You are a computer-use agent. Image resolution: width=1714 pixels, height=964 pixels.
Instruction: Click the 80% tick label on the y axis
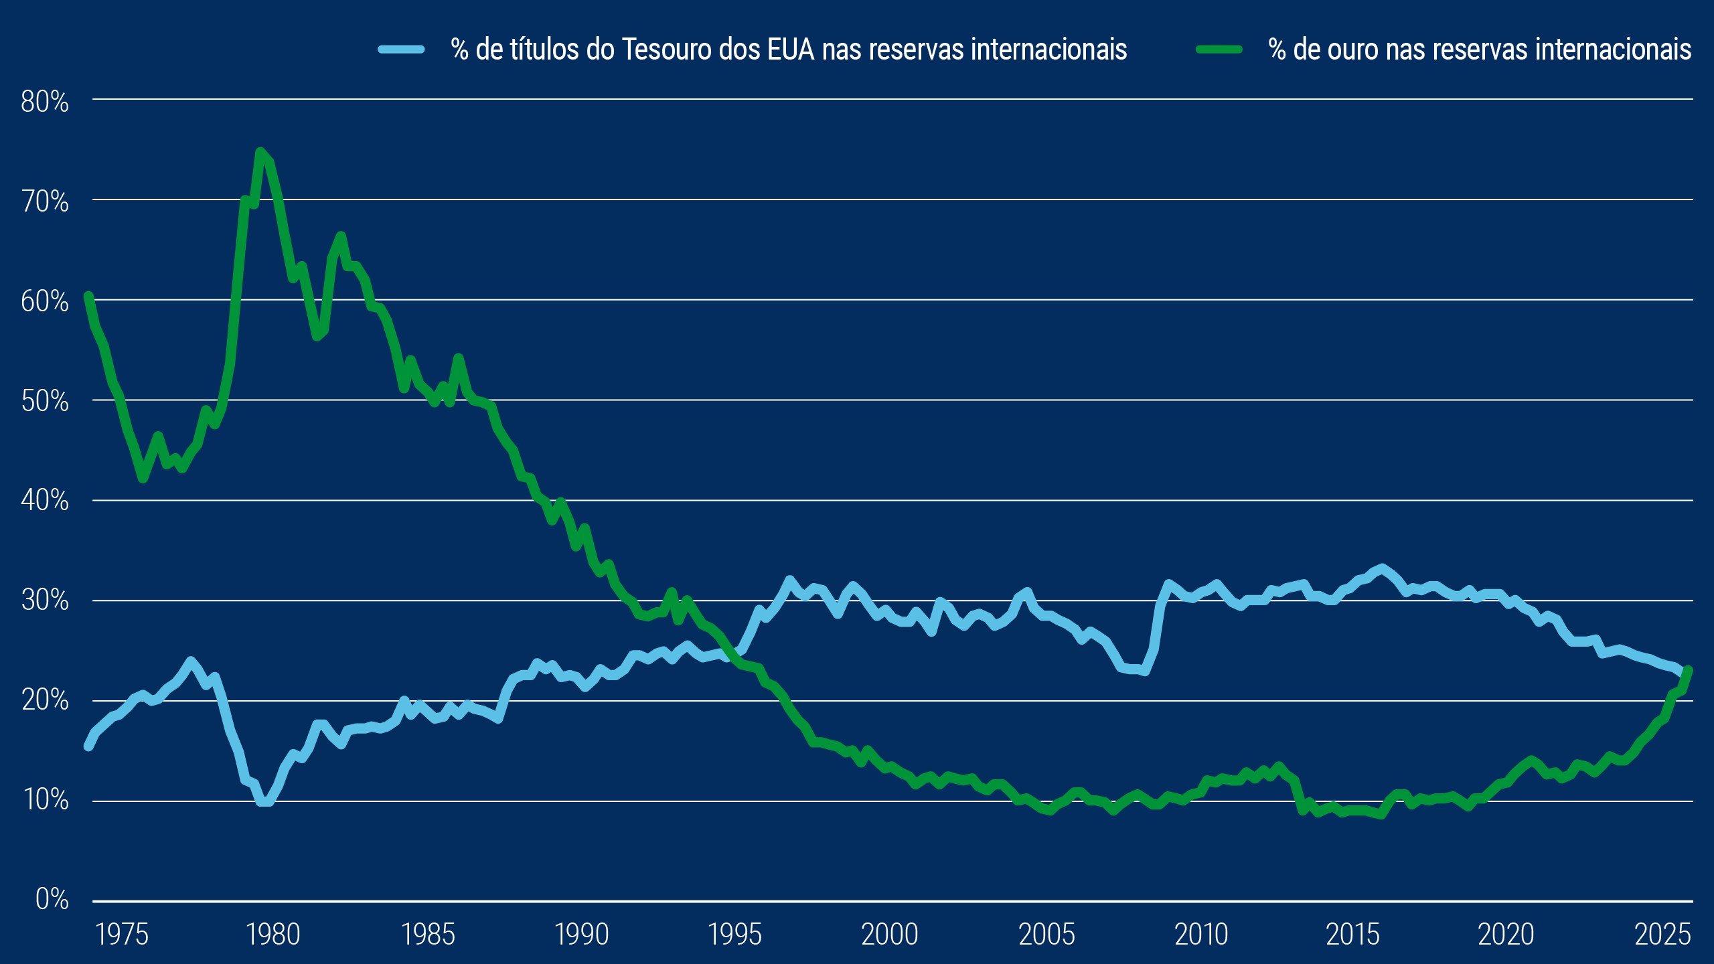[44, 102]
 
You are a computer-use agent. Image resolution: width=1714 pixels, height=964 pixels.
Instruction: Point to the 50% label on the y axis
[44, 402]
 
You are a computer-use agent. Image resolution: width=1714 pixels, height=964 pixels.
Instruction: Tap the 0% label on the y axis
[52, 899]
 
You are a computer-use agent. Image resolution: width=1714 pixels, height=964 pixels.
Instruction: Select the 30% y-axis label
[44, 600]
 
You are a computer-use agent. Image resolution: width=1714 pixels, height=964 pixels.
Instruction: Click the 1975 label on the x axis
[122, 935]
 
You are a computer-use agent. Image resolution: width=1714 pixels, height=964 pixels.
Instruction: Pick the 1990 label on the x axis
[581, 935]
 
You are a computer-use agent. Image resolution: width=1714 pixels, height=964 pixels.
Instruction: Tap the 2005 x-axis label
[1046, 935]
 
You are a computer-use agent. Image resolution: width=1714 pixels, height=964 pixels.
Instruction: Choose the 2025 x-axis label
[1662, 935]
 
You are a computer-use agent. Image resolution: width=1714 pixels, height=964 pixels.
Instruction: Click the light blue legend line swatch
[402, 49]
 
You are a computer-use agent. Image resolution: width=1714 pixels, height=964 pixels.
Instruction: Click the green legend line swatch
[1219, 49]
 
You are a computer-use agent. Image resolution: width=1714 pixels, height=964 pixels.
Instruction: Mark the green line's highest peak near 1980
[260, 152]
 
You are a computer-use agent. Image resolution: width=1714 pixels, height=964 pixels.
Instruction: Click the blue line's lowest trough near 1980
[264, 801]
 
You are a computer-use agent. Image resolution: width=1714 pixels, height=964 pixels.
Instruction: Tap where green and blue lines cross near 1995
[730, 653]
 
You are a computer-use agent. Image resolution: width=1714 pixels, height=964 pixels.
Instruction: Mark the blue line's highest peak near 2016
[1382, 568]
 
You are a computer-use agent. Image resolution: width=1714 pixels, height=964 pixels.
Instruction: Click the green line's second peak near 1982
[341, 236]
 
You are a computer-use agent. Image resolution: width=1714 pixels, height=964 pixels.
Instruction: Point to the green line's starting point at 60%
[88, 296]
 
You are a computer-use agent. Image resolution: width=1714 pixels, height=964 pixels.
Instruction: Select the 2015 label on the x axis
[1352, 935]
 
